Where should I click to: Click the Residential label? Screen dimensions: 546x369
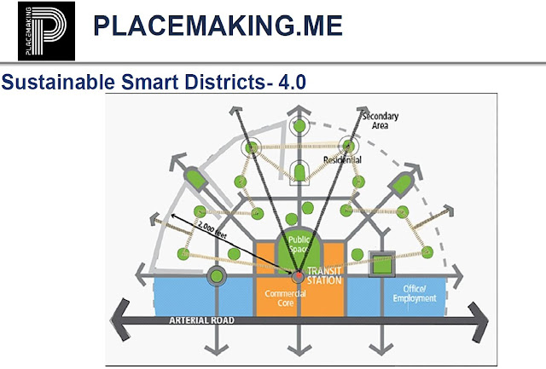point(342,160)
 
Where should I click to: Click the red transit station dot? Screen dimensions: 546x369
point(298,276)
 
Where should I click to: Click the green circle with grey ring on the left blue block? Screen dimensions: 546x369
point(216,275)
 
